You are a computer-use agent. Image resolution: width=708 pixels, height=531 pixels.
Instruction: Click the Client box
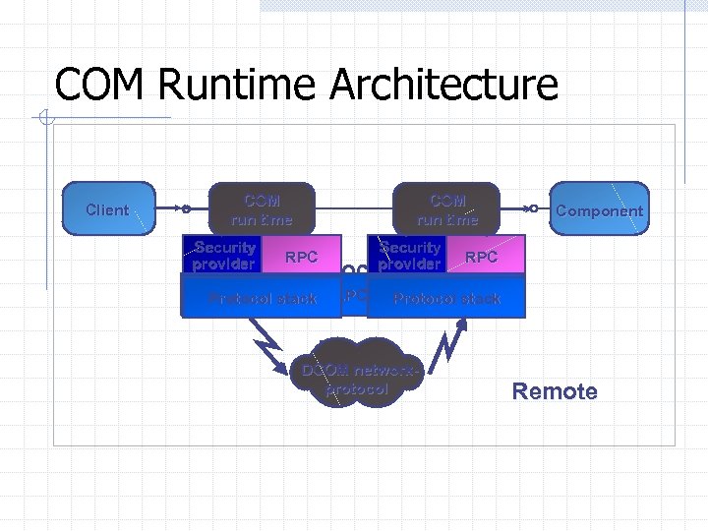[108, 209]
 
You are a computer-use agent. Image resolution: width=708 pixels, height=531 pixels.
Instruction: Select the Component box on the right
[599, 209]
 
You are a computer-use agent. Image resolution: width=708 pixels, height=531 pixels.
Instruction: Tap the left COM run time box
[261, 209]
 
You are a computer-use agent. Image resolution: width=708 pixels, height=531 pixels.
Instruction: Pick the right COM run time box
[447, 209]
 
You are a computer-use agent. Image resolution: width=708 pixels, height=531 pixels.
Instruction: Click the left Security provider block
[223, 256]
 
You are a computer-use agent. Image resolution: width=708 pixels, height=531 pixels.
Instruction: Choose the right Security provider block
[409, 256]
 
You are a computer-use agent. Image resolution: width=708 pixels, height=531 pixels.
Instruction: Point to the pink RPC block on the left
[301, 257]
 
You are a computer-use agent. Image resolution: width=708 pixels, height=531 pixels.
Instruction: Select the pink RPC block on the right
[482, 257]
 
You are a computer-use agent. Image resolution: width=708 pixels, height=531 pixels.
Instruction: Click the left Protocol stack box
[261, 297]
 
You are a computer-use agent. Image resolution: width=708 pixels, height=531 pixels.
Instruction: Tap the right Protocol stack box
[447, 297]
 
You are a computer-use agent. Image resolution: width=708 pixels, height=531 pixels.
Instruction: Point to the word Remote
[555, 391]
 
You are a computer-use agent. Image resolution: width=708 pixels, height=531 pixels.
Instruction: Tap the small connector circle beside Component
[532, 208]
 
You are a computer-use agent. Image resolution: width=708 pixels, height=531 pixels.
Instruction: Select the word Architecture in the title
[443, 85]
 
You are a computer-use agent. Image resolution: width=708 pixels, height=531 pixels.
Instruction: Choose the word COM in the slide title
[100, 85]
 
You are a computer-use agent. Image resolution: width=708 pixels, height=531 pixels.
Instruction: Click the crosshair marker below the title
[45, 120]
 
